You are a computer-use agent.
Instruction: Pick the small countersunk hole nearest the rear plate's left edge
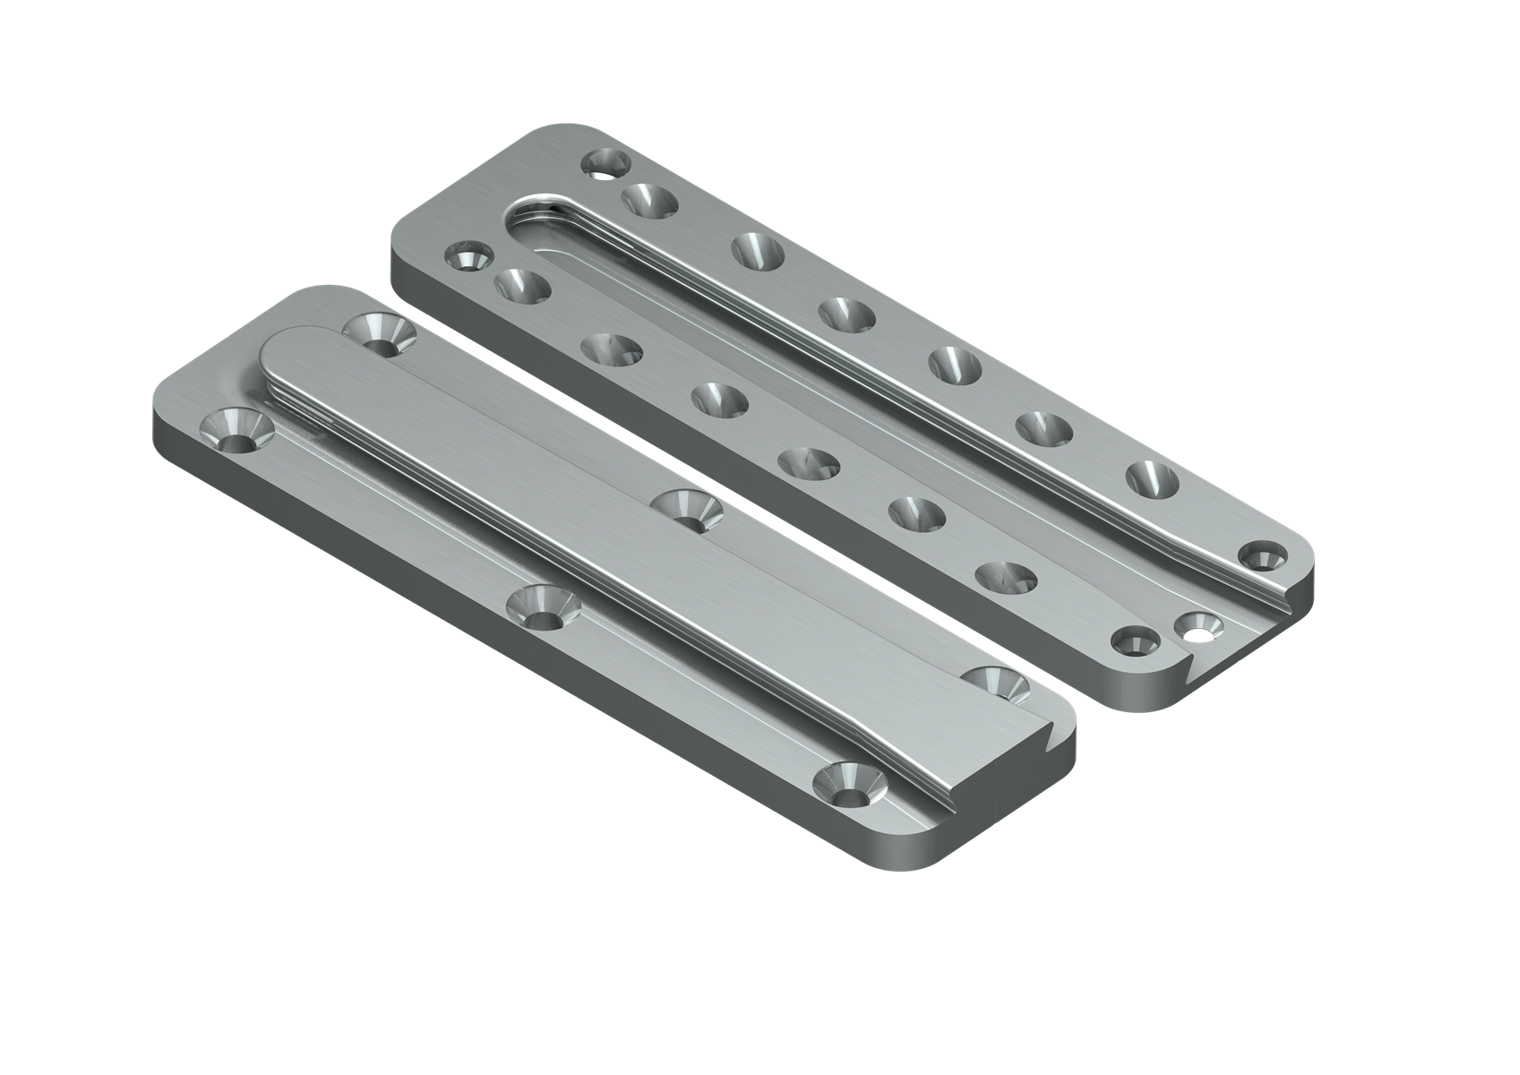[x=468, y=258]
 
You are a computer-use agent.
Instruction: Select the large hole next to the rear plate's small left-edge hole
[x=522, y=288]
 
